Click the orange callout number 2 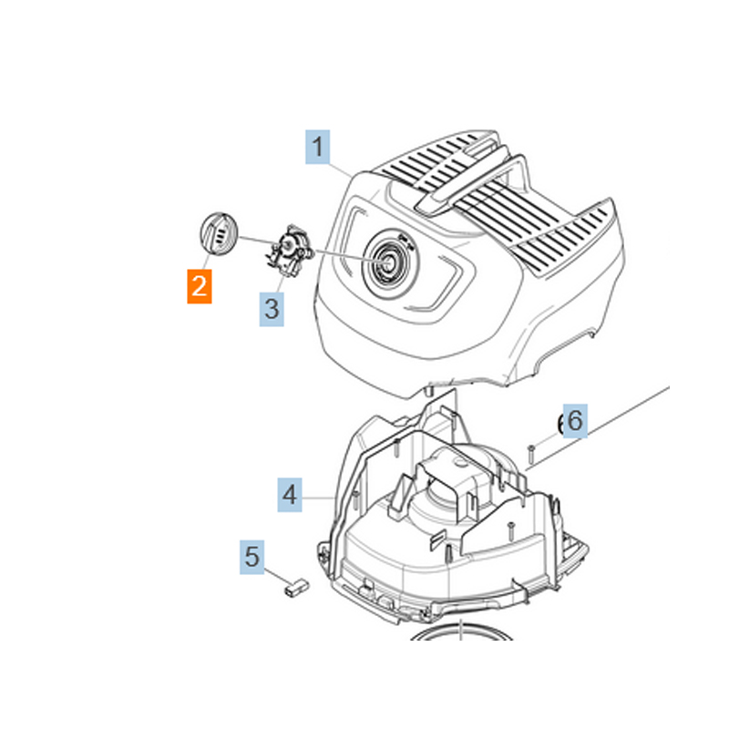click(200, 286)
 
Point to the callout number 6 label click(572, 422)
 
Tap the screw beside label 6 click(529, 452)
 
